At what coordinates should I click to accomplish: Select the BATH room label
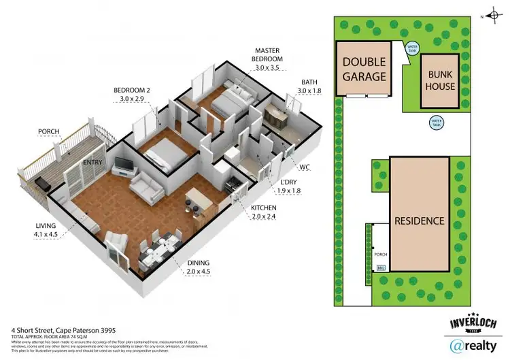309,82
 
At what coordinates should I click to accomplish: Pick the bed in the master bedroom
230,104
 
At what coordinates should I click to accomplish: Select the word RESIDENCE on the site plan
420,221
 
